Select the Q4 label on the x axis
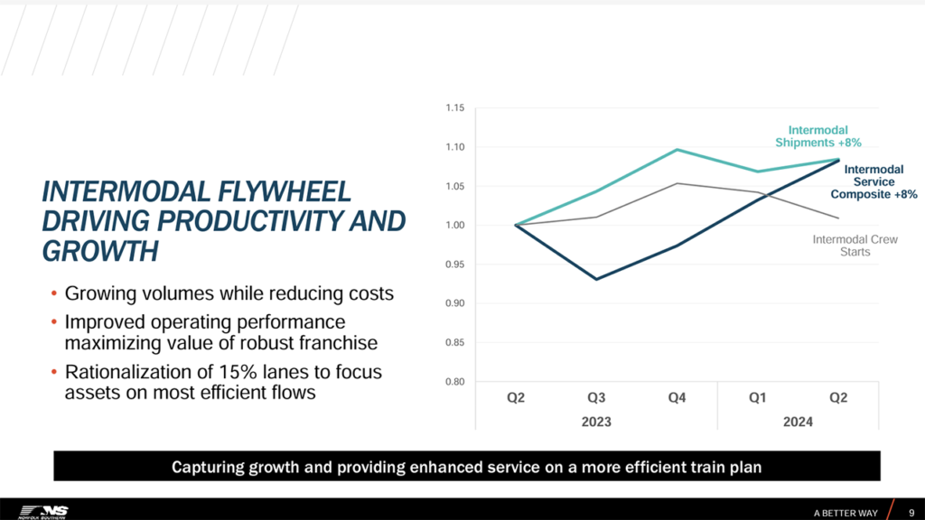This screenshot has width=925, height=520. tap(677, 399)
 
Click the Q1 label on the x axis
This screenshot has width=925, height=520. tap(759, 399)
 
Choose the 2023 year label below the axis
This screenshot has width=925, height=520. tap(596, 422)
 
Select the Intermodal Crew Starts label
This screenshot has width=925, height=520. tap(841, 246)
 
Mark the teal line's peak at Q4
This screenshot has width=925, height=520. tap(677, 150)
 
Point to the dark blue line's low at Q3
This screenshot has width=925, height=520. tap(596, 279)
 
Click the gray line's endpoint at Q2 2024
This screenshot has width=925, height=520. tap(839, 218)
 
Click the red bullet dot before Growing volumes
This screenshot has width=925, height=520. tap(54, 295)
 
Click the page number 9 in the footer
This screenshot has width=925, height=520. tap(911, 513)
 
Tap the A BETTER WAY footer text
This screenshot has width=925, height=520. tap(846, 513)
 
